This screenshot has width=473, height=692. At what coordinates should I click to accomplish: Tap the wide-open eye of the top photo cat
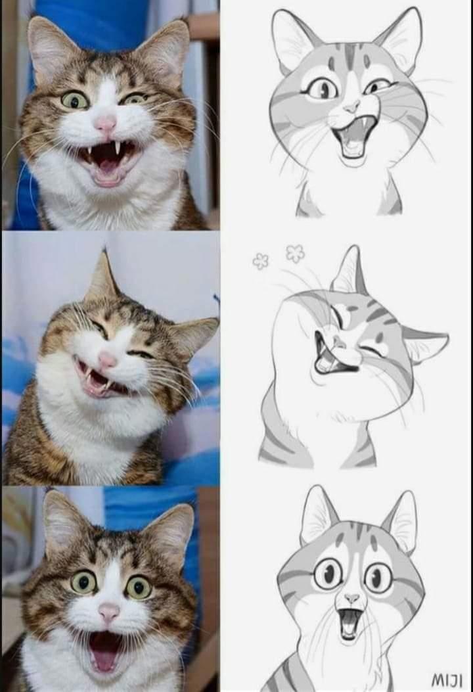click(x=75, y=101)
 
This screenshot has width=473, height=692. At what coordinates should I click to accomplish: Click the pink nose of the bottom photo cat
click(x=109, y=612)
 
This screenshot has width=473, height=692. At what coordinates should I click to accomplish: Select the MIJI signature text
click(x=446, y=679)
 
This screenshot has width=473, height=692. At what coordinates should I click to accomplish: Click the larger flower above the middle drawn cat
click(x=296, y=253)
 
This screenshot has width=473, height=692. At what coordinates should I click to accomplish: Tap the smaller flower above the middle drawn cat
click(x=260, y=262)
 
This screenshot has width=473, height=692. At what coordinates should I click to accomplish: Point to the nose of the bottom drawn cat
click(x=351, y=599)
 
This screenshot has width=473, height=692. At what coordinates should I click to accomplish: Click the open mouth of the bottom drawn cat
click(x=349, y=624)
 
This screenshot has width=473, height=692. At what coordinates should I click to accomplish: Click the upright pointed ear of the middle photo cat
click(x=102, y=276)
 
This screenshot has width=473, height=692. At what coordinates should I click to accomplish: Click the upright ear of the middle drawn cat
click(x=350, y=271)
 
